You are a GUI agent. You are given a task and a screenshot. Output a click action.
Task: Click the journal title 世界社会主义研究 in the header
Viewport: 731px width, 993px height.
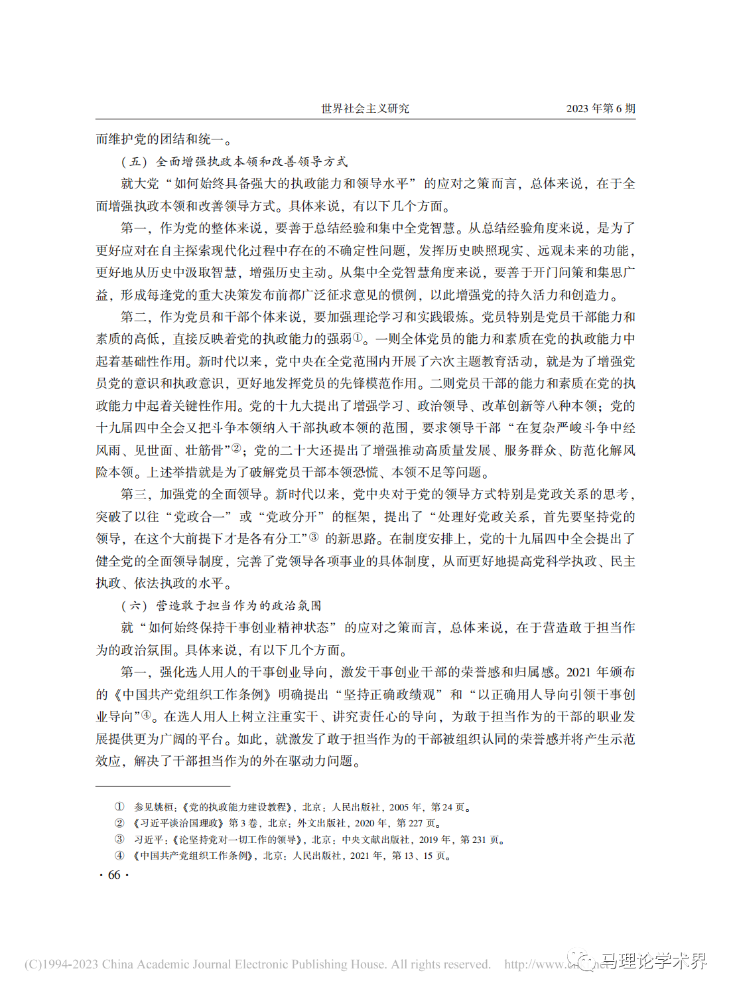point(365,108)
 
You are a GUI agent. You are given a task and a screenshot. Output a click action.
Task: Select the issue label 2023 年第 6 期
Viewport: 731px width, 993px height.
point(600,108)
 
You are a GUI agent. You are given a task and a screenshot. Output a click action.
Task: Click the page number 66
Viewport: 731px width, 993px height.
point(114,875)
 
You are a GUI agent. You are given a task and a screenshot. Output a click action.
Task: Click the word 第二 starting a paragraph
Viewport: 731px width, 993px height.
point(133,317)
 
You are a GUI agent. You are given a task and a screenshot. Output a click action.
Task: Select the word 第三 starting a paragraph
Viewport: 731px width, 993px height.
point(133,494)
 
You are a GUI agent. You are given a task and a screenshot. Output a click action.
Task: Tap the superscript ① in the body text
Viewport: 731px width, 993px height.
point(358,337)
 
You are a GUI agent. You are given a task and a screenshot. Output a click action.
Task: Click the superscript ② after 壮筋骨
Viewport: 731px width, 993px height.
point(235,448)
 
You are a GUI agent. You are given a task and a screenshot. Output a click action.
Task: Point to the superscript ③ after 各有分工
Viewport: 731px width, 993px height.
point(314,537)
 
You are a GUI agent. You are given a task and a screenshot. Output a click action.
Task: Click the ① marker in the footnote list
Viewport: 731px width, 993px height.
point(119,807)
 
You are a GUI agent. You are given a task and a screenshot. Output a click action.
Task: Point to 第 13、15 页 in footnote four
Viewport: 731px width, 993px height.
point(417,856)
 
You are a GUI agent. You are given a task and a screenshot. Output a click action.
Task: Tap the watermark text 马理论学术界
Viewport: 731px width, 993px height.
point(653,961)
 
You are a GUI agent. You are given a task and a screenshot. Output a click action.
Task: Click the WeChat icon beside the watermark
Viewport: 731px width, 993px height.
point(586,961)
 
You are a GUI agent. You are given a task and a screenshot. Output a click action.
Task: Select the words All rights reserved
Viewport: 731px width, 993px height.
point(440,964)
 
